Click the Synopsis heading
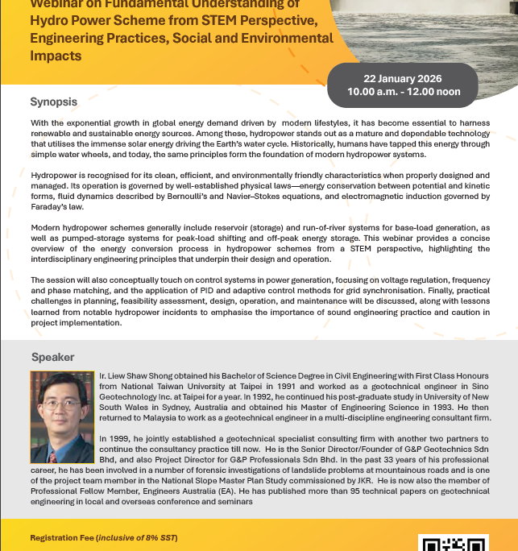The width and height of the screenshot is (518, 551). tap(54, 102)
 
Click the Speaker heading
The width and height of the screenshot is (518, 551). tap(53, 357)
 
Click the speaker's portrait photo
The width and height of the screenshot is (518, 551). tap(62, 418)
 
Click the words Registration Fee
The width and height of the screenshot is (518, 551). tap(64, 537)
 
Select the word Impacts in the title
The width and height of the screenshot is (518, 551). tap(56, 56)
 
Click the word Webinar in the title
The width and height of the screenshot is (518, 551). tap(57, 3)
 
